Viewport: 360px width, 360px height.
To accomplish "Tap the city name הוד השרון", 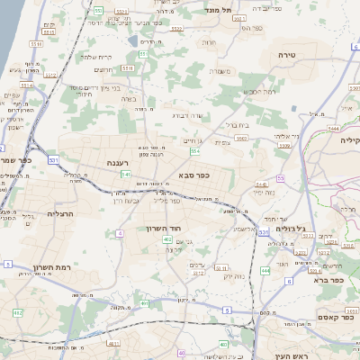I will (163, 229).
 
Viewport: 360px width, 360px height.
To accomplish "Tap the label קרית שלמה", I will (94, 56).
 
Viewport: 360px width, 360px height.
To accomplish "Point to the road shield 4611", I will (112, 343).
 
